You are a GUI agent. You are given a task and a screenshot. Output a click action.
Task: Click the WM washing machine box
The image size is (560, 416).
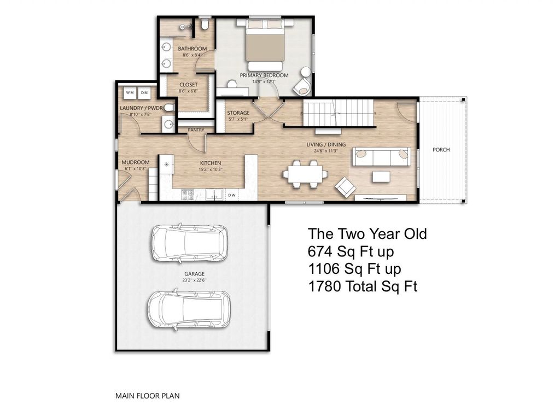[x=130, y=93]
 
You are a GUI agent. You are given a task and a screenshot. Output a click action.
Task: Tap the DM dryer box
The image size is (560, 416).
[x=144, y=93]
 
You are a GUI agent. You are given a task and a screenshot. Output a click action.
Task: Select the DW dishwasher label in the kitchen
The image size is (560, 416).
[x=232, y=194]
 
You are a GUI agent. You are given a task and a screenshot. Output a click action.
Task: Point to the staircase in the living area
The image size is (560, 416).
[x=337, y=114]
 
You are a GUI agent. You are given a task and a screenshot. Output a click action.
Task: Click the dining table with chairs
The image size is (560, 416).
[x=305, y=174]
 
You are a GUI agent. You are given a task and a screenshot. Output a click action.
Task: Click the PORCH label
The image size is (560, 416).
[x=441, y=149]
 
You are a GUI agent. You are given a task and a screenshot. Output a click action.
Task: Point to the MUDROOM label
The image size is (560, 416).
[x=135, y=162]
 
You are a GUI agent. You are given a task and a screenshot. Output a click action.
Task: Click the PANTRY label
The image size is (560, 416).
[x=196, y=130]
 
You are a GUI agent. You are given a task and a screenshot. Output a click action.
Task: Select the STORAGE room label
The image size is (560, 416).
[x=238, y=113]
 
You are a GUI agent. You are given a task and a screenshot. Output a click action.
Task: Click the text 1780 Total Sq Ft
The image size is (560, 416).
[x=363, y=286]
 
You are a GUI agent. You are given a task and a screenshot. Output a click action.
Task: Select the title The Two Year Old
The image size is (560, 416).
[x=367, y=234]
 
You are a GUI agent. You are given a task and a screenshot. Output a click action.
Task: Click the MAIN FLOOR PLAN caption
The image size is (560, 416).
[x=147, y=395]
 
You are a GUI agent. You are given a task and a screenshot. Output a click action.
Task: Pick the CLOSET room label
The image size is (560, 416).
[x=189, y=85]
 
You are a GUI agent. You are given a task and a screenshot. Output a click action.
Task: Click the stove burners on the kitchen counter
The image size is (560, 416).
[x=188, y=194]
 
